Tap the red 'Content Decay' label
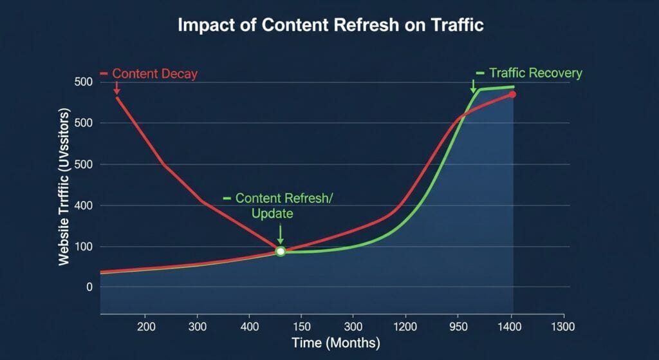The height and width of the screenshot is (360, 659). (154, 73)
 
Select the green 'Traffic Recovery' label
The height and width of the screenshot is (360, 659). (535, 73)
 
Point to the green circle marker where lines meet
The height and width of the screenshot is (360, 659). (281, 251)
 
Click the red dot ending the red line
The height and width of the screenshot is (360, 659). (512, 95)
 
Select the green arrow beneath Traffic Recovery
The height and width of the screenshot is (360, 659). (474, 86)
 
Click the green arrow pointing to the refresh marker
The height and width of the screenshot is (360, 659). (281, 233)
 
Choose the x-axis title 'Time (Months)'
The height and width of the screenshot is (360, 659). (335, 343)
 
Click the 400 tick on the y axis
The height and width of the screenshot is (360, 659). (85, 205)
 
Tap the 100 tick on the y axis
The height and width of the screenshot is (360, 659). (85, 247)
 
